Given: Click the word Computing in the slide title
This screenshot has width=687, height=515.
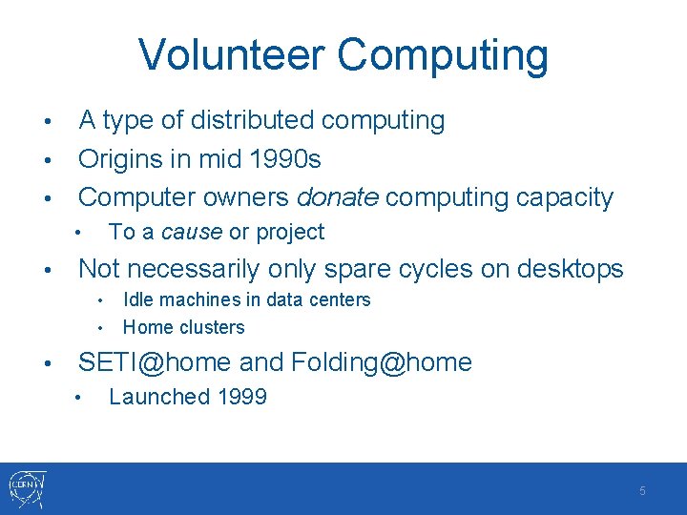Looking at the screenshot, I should tap(454, 55).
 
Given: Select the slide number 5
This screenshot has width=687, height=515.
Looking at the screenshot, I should tap(642, 490).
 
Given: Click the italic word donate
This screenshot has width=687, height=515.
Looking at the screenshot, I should tap(338, 197).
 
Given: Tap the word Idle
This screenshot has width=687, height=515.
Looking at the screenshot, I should tap(137, 299).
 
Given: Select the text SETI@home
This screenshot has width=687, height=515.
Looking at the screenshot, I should tap(155, 362).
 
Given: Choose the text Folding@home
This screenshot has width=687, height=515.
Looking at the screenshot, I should tap(382, 362).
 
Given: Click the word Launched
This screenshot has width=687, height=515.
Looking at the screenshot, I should tap(158, 397).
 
